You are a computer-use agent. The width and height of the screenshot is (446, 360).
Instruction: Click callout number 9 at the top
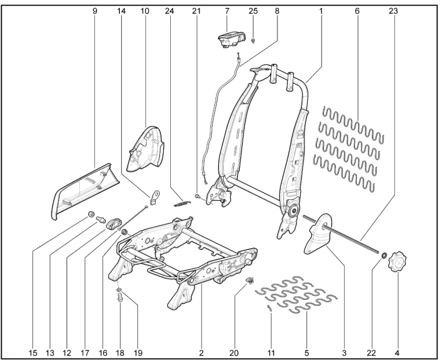pos(94,11)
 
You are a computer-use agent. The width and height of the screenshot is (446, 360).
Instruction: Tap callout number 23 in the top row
pos(394,11)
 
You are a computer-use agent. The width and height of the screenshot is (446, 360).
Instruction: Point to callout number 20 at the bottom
pos(234,351)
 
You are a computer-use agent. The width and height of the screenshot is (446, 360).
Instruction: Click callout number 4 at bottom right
pos(397,351)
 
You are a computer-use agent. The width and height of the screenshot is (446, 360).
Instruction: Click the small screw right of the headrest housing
pos(254,41)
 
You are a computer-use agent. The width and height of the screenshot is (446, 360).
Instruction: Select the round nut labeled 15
pos(92,215)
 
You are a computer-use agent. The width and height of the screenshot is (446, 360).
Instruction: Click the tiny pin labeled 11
pos(269,308)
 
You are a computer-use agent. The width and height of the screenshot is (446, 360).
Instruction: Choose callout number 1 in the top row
pos(320,11)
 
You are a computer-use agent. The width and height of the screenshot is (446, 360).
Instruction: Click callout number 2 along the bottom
pos(200,351)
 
